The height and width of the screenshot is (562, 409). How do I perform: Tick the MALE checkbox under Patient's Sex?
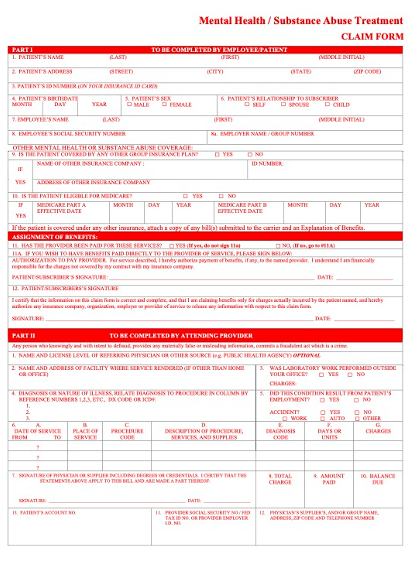(x=129, y=104)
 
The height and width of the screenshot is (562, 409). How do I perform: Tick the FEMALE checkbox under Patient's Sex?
(x=164, y=104)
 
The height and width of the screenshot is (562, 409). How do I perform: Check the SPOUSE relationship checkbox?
(x=283, y=104)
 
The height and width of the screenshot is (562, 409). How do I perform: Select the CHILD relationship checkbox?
(x=327, y=104)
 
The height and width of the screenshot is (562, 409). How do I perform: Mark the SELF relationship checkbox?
(x=247, y=104)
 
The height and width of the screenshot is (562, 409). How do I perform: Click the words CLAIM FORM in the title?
(x=372, y=36)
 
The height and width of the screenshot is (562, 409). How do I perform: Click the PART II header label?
(x=23, y=336)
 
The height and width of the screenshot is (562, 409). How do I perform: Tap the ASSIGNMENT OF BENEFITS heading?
(x=55, y=237)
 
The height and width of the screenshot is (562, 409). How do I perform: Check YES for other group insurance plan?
(x=217, y=154)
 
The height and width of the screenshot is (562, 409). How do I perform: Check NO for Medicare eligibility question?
(x=222, y=196)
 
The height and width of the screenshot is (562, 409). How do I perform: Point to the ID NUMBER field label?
(x=267, y=164)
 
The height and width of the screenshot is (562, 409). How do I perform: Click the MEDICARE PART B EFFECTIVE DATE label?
(x=242, y=208)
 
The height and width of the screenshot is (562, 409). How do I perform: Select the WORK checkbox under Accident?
(x=285, y=419)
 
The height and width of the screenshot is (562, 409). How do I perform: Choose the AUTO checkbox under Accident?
(x=323, y=419)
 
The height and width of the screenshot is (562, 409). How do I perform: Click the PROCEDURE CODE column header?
(x=127, y=434)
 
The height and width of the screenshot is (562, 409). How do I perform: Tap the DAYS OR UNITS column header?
(x=329, y=434)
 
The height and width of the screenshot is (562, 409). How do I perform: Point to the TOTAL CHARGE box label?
(x=280, y=479)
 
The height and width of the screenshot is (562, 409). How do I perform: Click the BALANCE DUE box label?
(x=378, y=479)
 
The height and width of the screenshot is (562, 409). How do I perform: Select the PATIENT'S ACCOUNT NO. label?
(x=48, y=512)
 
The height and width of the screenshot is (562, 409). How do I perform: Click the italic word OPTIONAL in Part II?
(x=306, y=355)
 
